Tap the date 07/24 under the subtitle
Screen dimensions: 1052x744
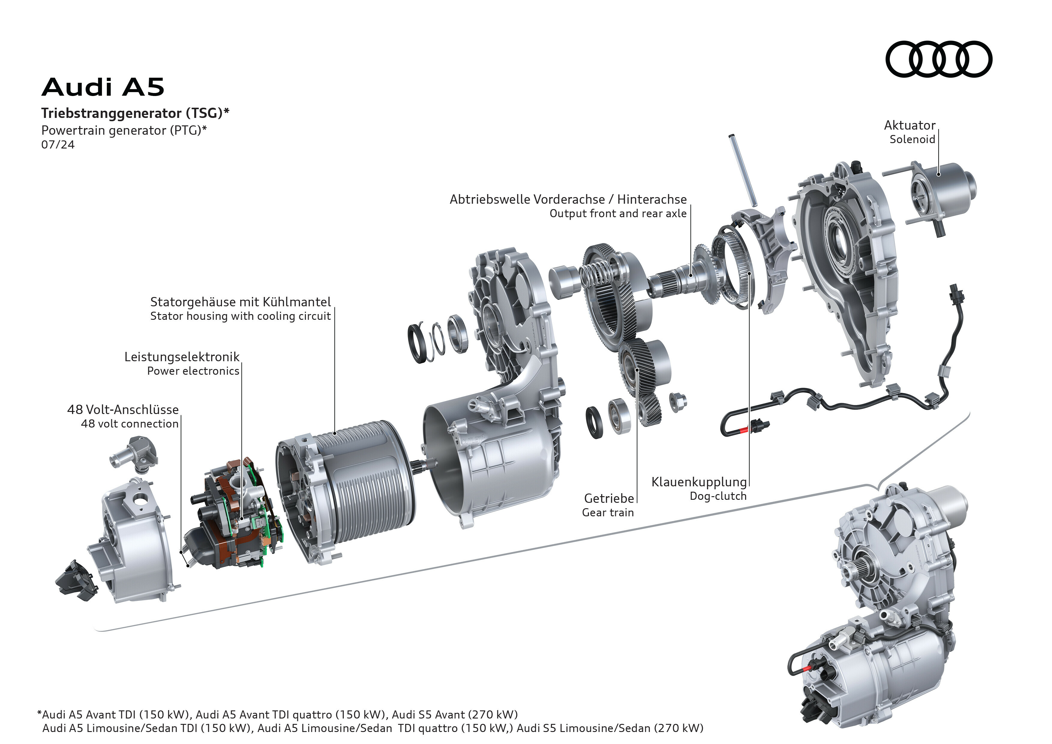pyautogui.click(x=58, y=145)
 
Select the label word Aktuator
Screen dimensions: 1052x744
pyautogui.click(x=910, y=125)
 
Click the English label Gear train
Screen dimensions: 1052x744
pyautogui.click(x=608, y=513)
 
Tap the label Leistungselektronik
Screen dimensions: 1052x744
pyautogui.click(x=182, y=357)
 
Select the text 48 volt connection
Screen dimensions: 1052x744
pyautogui.click(x=130, y=424)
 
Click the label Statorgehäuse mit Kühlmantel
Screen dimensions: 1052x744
pyautogui.click(x=241, y=302)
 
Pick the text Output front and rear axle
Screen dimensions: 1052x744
pyautogui.click(x=618, y=214)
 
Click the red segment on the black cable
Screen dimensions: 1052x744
pyautogui.click(x=743, y=430)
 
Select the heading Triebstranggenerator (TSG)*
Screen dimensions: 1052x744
pyautogui.click(x=135, y=113)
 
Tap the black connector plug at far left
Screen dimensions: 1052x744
pyautogui.click(x=77, y=580)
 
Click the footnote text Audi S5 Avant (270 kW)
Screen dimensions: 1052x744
pyautogui.click(x=454, y=714)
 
